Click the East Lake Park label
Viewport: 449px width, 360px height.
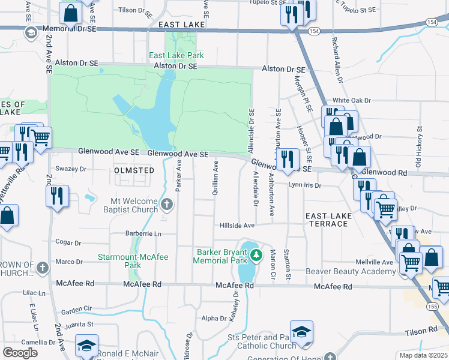click(176, 55)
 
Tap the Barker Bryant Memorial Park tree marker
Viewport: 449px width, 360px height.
click(256, 256)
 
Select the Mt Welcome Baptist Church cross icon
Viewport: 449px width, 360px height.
click(167, 206)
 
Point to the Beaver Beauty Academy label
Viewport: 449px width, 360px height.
click(351, 272)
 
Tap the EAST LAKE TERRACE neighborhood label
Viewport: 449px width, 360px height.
click(326, 220)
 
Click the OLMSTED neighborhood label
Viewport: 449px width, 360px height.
click(134, 170)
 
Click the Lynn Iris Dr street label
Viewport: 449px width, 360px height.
click(304, 185)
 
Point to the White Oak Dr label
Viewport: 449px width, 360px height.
click(352, 100)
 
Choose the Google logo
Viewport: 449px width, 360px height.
click(20, 353)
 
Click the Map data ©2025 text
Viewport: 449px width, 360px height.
click(424, 355)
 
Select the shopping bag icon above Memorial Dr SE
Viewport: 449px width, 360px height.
click(70, 11)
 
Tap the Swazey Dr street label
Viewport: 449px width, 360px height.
click(71, 169)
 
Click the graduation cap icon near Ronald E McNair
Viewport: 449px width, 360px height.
click(86, 347)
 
